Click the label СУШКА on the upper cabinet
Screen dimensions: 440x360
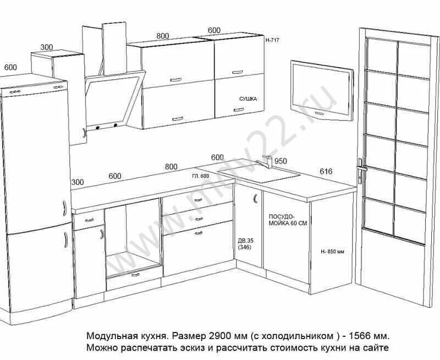click(x=248, y=99)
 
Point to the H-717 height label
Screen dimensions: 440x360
click(x=273, y=40)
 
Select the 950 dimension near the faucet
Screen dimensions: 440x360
click(x=281, y=161)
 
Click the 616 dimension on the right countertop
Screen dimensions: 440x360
click(x=326, y=172)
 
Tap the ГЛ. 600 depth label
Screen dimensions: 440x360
click(x=201, y=176)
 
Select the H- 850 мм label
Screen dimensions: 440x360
click(x=332, y=252)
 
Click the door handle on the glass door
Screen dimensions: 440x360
click(x=360, y=171)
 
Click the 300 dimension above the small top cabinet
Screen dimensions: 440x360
click(x=47, y=47)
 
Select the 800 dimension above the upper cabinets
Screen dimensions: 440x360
click(x=163, y=36)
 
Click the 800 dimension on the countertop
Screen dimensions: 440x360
click(x=171, y=167)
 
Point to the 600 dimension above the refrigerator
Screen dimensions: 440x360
click(x=10, y=67)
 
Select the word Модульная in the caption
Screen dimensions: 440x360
click(x=108, y=335)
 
